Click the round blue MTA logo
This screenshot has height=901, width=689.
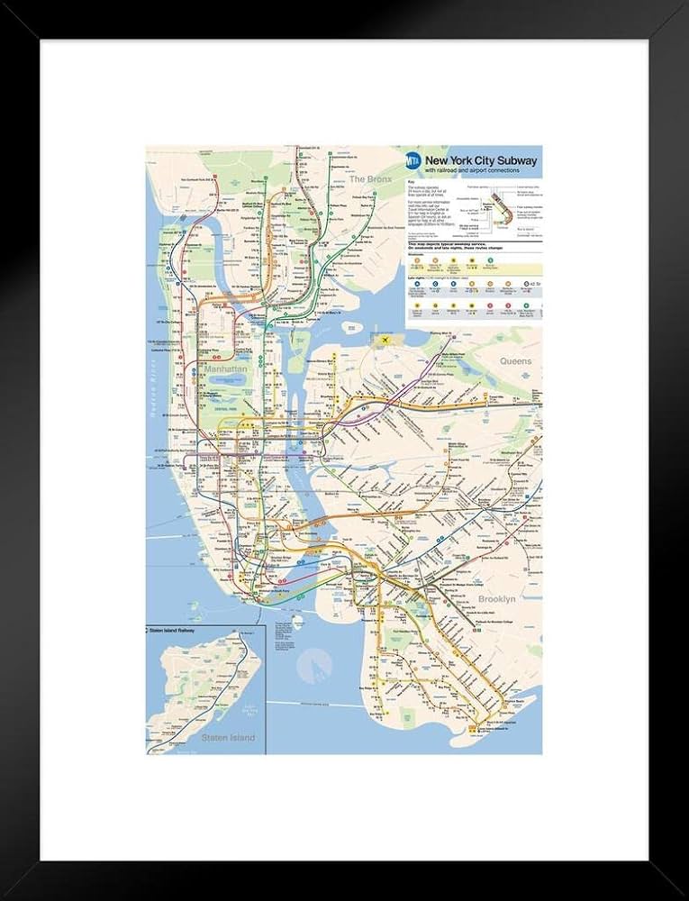point(413,161)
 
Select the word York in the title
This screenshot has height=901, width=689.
point(467,160)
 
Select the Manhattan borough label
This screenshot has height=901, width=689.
point(224,369)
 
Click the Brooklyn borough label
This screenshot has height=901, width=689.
point(496,598)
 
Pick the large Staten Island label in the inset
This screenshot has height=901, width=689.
point(229,738)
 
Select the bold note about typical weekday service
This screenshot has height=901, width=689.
point(450,244)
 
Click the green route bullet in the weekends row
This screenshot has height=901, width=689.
point(469,265)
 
